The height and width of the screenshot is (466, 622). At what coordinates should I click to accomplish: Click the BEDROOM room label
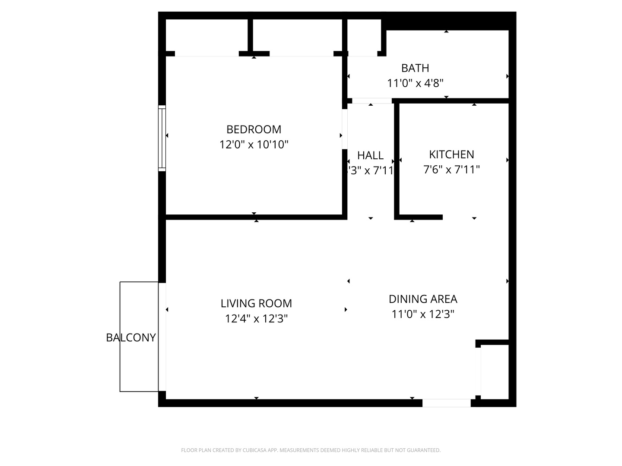tap(254, 129)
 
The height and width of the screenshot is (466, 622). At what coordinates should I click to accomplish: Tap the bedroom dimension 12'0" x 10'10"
tap(254, 145)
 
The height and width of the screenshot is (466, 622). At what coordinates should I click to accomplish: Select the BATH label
tap(415, 68)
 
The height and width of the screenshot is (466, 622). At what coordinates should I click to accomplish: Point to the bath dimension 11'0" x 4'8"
tap(415, 83)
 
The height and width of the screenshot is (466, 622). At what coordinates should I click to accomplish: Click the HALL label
tap(370, 155)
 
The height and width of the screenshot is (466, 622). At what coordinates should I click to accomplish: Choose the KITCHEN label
tap(451, 154)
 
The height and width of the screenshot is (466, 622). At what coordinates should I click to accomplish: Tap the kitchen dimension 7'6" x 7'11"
tap(451, 170)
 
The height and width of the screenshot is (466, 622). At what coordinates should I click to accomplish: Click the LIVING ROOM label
tap(256, 304)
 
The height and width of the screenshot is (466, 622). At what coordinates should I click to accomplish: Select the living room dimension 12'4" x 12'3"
tap(256, 319)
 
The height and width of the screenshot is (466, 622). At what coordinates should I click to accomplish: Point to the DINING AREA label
tap(423, 299)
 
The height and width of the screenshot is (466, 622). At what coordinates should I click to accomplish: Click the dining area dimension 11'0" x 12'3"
tap(423, 314)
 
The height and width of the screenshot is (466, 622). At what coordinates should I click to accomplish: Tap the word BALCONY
tap(131, 337)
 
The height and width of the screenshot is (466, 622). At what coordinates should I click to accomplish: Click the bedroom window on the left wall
tap(162, 138)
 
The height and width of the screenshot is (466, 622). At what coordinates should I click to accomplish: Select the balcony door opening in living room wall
tap(162, 337)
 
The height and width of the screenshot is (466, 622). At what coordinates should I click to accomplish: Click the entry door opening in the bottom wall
tap(446, 403)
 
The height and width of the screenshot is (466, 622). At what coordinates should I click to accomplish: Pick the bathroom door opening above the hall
tap(371, 101)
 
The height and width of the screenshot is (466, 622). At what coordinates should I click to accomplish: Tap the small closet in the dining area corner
tap(495, 371)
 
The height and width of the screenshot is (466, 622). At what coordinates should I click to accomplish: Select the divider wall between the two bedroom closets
tap(250, 37)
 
